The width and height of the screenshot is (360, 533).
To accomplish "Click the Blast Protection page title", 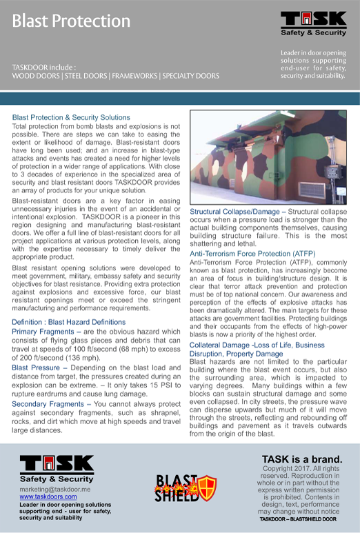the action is (x=71, y=21).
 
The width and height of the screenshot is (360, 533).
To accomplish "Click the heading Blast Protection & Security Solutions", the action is (x=71, y=118).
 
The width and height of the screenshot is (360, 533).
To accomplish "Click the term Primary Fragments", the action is (x=42, y=332).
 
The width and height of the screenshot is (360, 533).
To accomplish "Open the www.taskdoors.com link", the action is (x=48, y=496).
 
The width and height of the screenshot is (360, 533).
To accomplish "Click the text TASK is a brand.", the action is (x=302, y=459).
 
